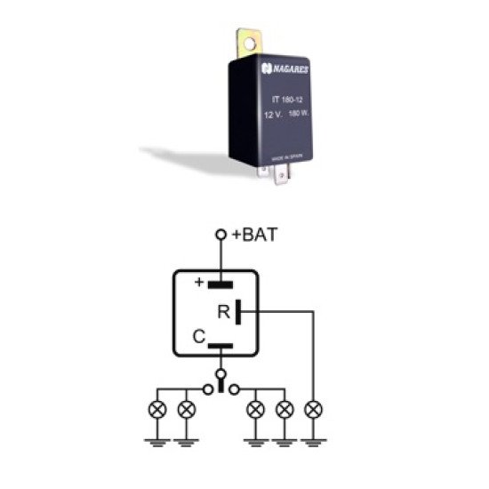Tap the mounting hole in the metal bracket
[246, 40]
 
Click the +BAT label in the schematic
[255, 236]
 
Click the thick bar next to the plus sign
[220, 285]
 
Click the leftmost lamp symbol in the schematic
[157, 410]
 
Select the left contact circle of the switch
[207, 389]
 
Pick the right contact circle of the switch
[234, 389]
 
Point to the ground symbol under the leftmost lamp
[157, 438]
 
